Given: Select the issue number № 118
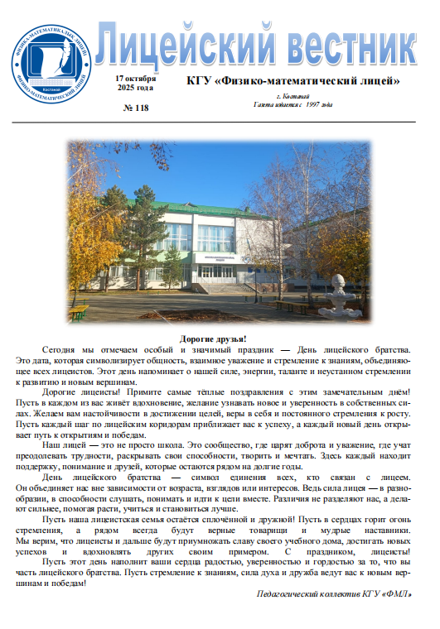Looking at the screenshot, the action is coord(136,108).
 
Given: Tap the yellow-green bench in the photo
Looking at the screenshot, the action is coord(79,313).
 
